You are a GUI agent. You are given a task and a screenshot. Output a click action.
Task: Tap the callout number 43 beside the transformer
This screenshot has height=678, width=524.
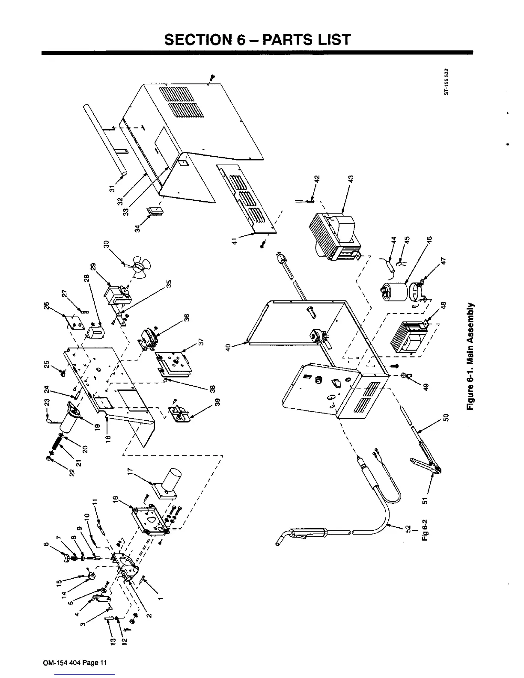(350, 178)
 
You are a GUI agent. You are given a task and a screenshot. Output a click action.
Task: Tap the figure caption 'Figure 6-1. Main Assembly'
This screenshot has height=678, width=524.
(471, 356)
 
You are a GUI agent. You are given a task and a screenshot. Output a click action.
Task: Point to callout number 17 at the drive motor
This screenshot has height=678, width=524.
(131, 472)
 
